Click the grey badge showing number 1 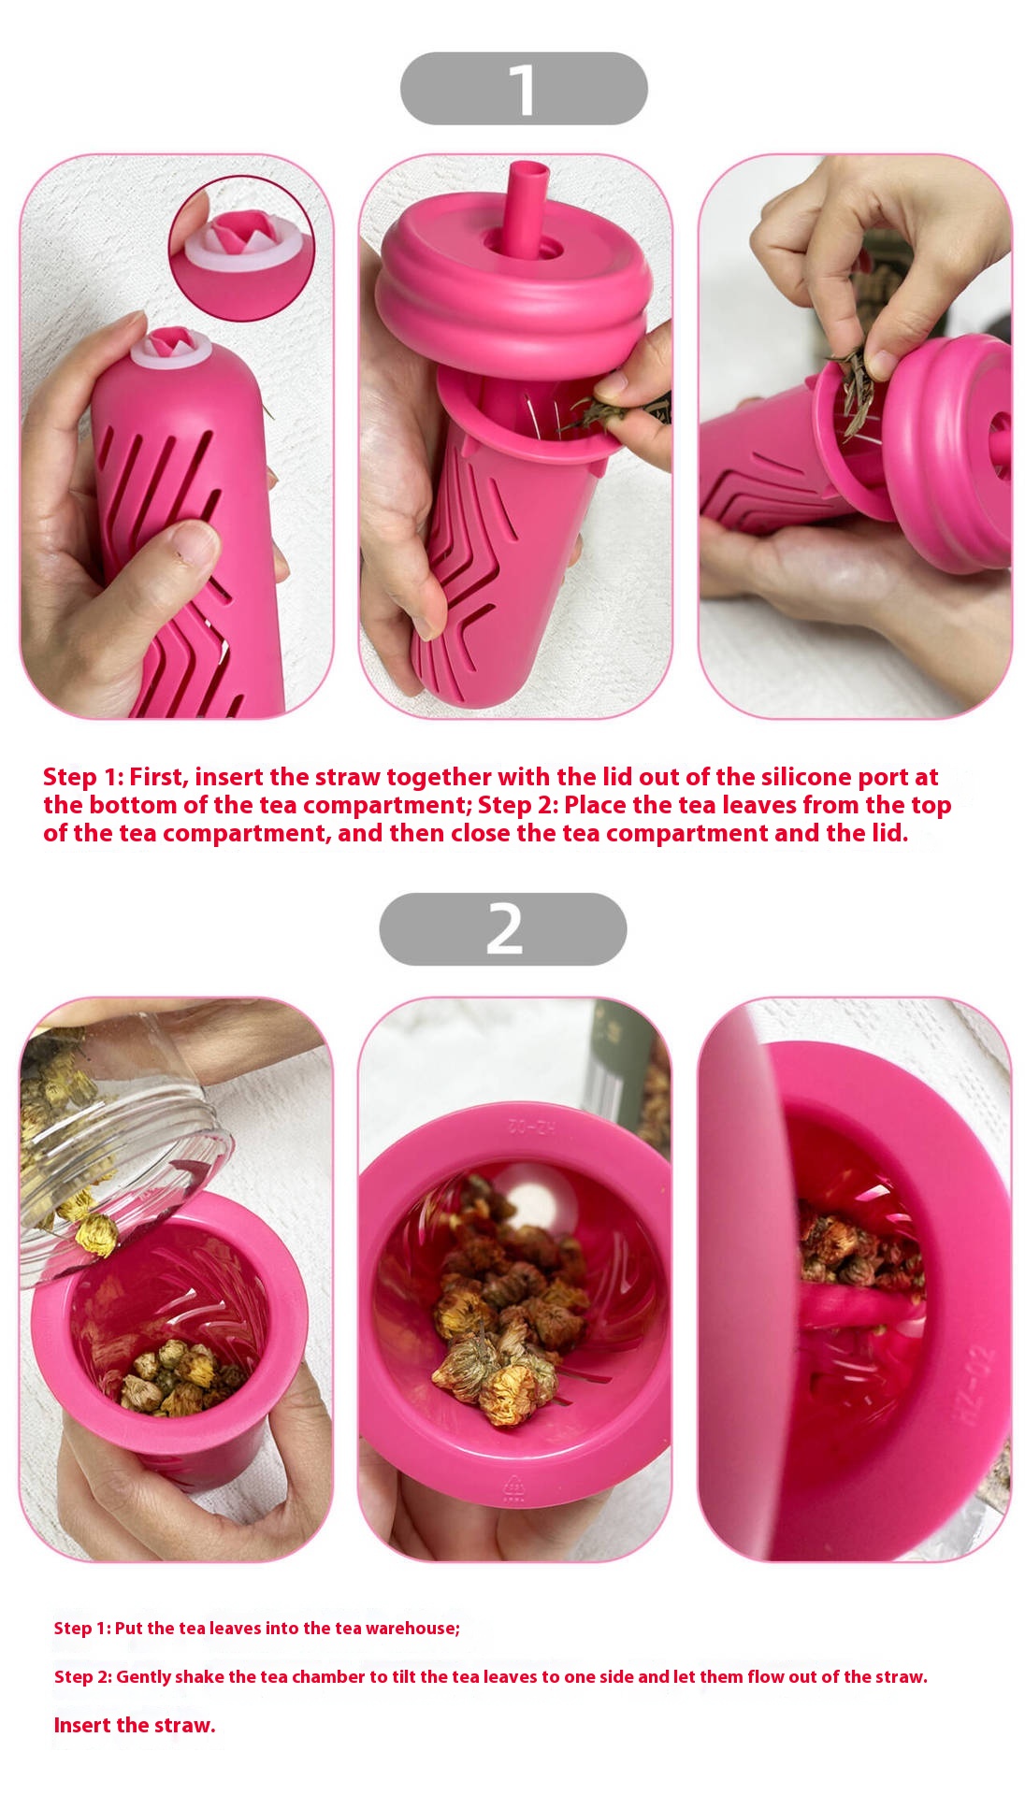(x=524, y=89)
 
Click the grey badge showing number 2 (x=503, y=929)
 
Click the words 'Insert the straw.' (x=135, y=1725)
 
